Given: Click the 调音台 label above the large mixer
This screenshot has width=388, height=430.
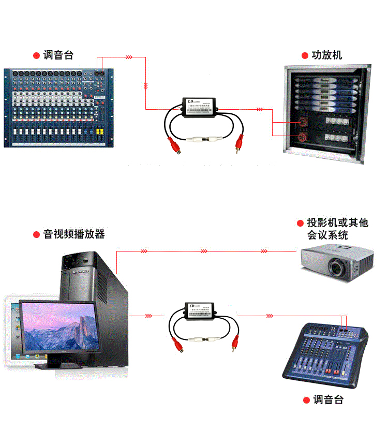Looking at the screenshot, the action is point(58,55).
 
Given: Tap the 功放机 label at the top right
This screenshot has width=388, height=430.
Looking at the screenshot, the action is point(326,55).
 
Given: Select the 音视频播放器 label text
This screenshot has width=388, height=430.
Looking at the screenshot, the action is point(74,234).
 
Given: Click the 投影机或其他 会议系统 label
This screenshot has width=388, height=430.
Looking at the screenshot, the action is point(337,229).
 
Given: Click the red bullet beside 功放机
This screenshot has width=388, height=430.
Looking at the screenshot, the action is point(305,56).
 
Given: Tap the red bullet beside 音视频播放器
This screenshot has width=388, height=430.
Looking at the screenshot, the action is point(37,235).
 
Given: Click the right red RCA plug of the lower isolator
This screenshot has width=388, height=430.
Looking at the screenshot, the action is point(235,343).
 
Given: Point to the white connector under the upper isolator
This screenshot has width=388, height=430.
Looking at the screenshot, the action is point(205,140).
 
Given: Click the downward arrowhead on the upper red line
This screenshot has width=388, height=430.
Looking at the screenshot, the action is point(146,85).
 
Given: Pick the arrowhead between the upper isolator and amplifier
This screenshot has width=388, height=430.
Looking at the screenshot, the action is point(258,109).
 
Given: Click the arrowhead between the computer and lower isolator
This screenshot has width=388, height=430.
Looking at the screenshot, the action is point(148,315).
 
